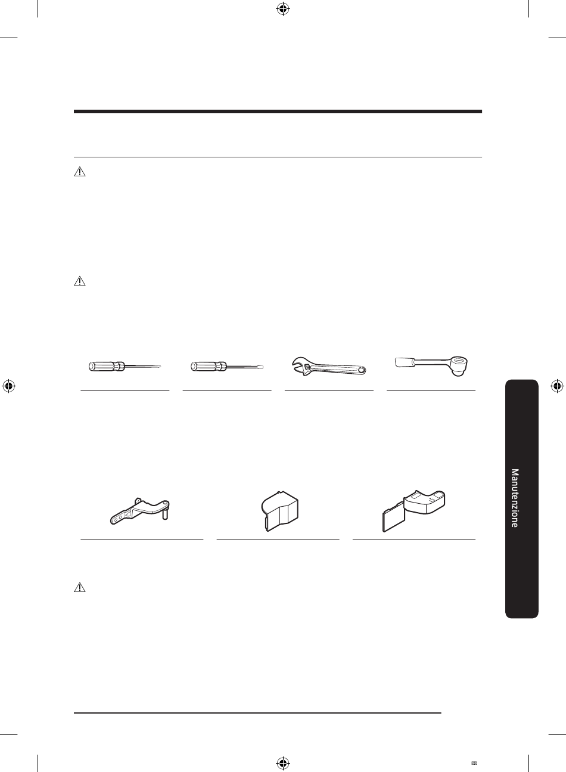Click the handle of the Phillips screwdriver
point(106,366)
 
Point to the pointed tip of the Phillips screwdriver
point(160,367)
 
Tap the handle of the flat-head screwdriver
point(209,366)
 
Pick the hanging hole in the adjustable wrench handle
point(360,370)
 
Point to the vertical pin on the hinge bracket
point(165,514)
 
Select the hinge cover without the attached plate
point(280,511)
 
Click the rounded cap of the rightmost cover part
point(425,501)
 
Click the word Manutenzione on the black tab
point(515,498)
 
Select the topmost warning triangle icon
point(80,172)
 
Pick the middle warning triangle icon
point(80,281)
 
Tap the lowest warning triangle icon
point(80,587)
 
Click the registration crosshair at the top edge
point(283,10)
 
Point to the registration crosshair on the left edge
point(9,386)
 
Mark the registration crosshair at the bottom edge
point(283,762)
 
